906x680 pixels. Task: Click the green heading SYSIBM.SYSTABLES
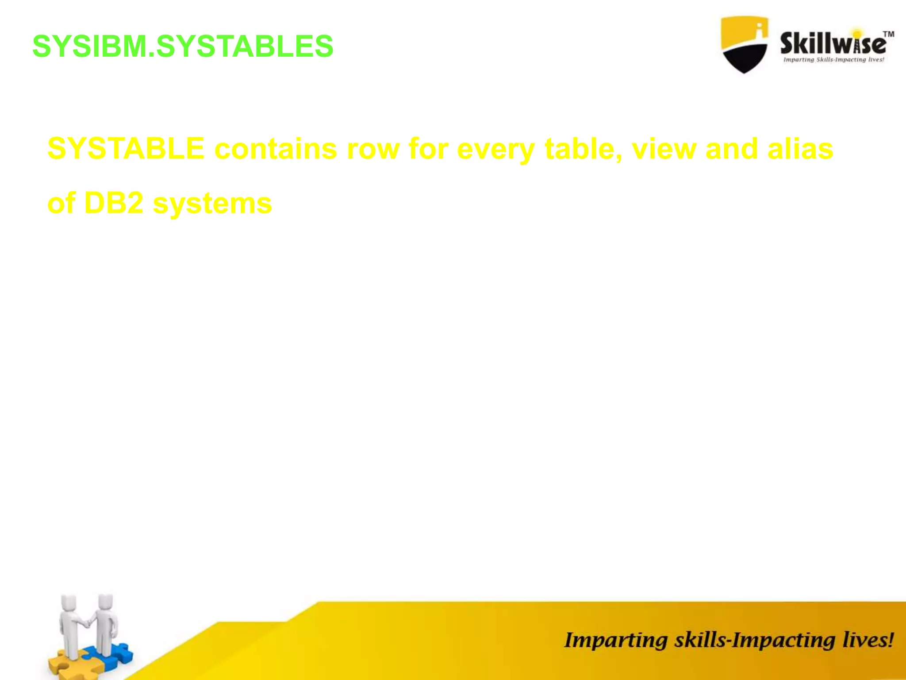pyautogui.click(x=183, y=46)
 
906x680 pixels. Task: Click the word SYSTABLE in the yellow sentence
pyautogui.click(x=126, y=149)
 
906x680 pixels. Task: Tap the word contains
pyautogui.click(x=276, y=149)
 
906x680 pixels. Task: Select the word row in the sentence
pyautogui.click(x=373, y=150)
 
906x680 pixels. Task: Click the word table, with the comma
pyautogui.click(x=583, y=149)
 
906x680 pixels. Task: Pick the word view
pyautogui.click(x=664, y=149)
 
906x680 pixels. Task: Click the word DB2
pyautogui.click(x=113, y=203)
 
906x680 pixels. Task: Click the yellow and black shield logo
pyautogui.click(x=744, y=44)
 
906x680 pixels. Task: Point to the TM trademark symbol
pyautogui.click(x=888, y=34)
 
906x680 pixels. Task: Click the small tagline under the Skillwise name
pyautogui.click(x=833, y=60)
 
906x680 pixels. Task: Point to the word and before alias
pyautogui.click(x=731, y=149)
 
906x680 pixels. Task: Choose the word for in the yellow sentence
pyautogui.click(x=428, y=149)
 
